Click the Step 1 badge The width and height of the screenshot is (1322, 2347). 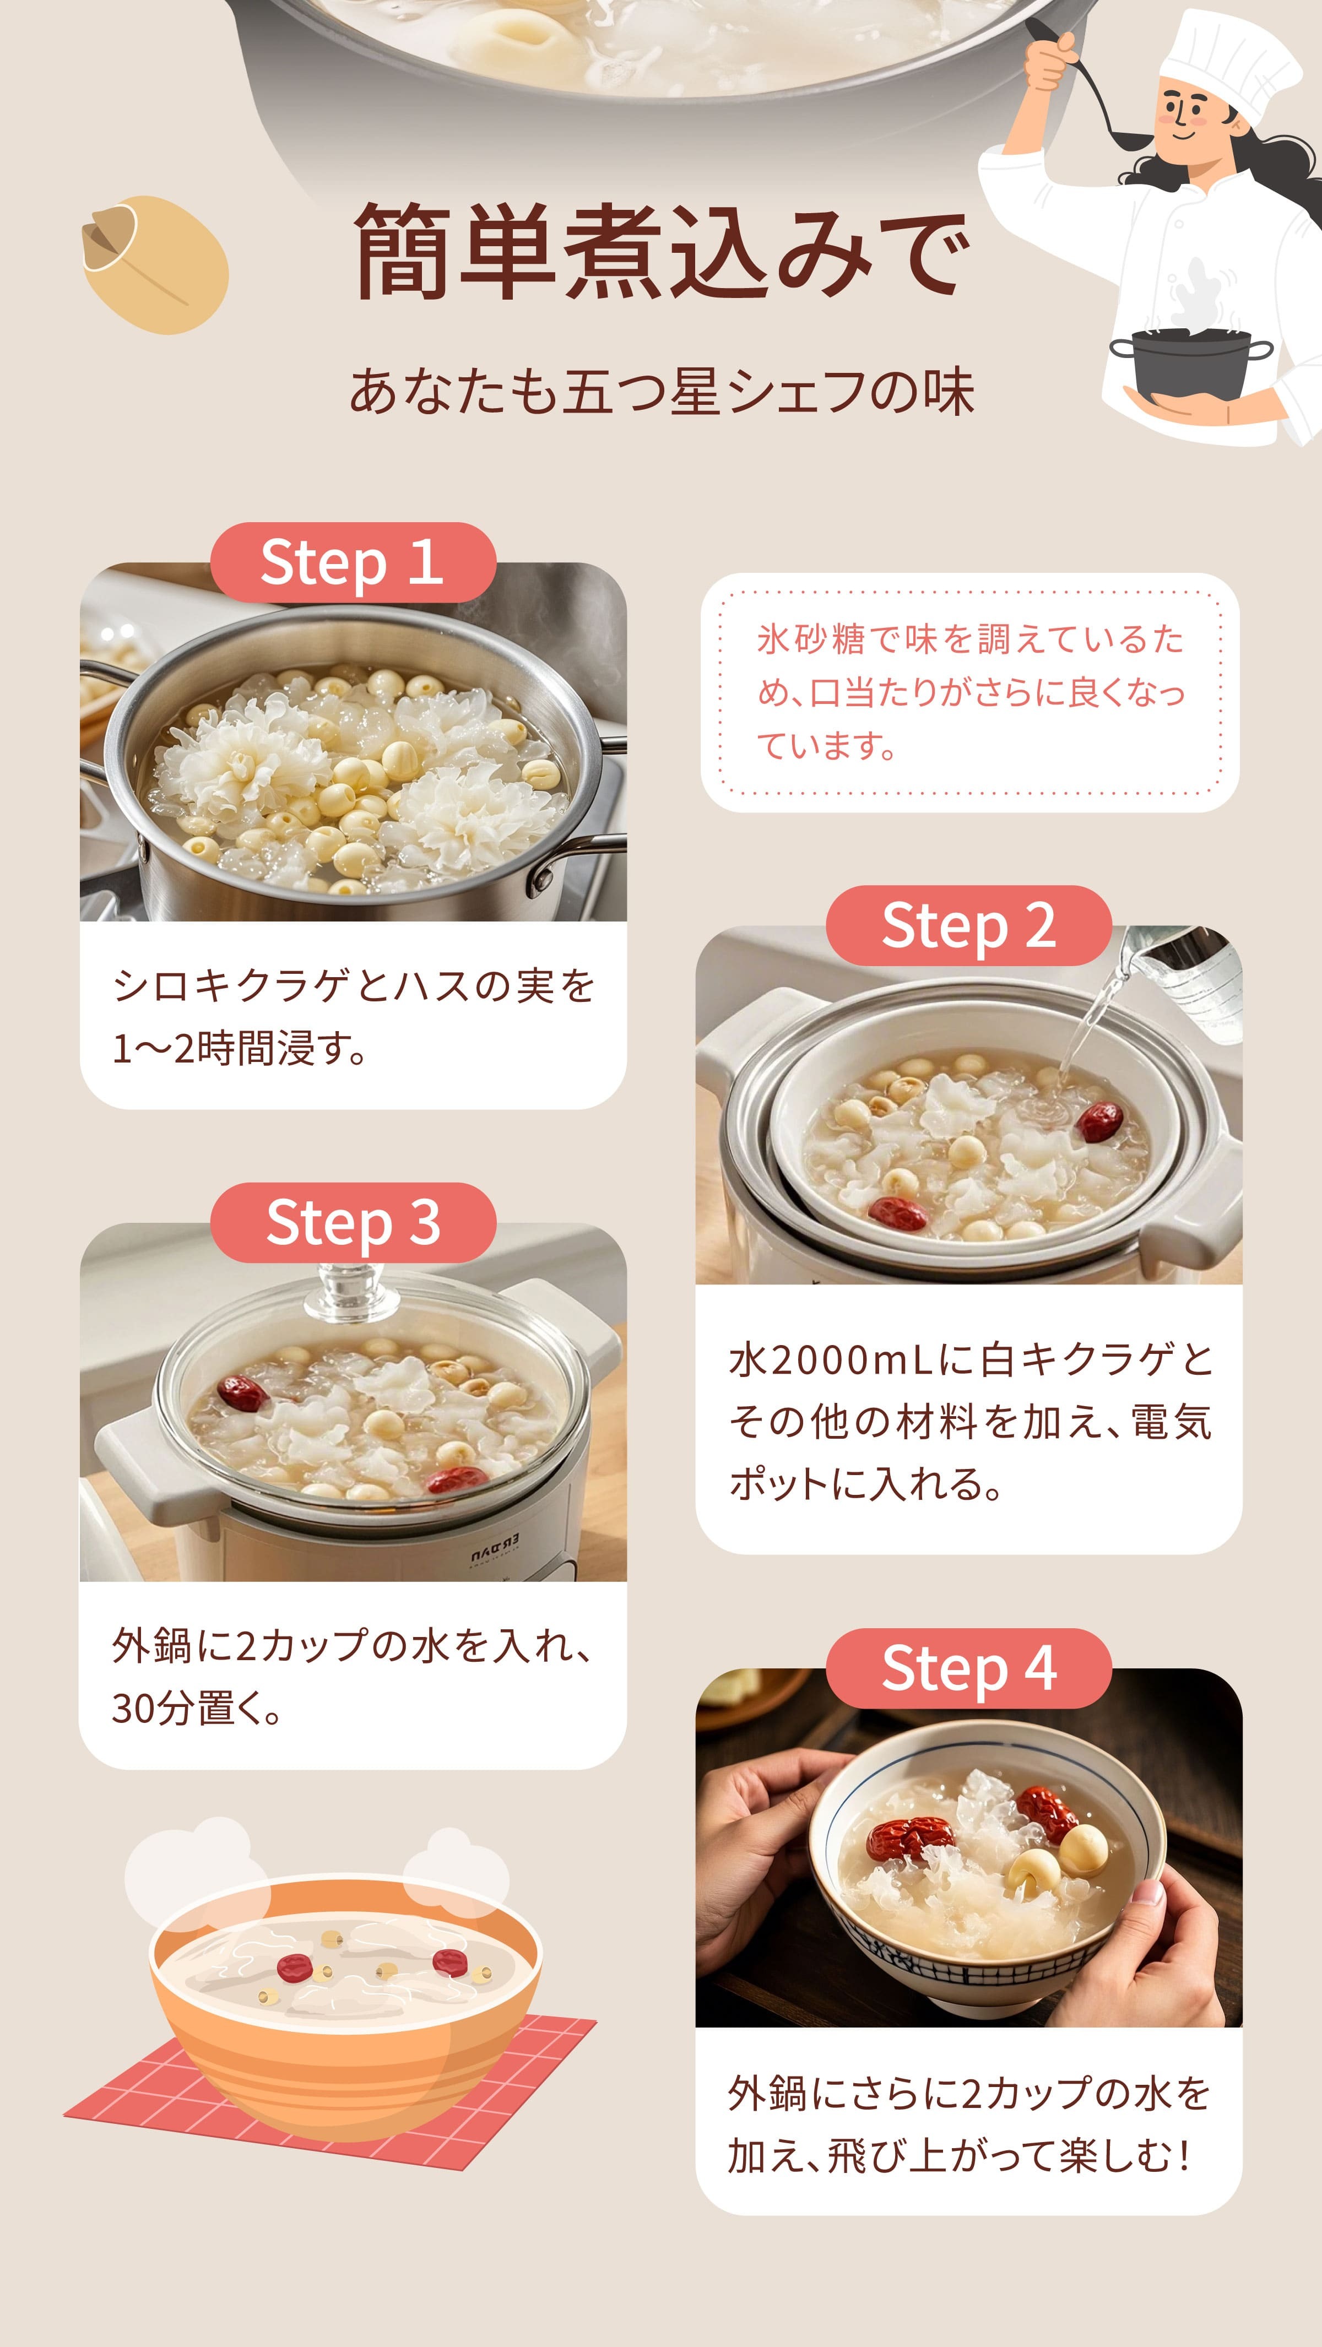click(x=353, y=562)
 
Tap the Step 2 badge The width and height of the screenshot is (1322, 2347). click(x=968, y=926)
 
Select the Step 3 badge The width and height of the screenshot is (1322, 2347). click(x=353, y=1223)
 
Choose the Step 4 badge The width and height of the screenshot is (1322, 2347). click(x=968, y=1668)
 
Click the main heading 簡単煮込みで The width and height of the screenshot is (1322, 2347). click(x=660, y=252)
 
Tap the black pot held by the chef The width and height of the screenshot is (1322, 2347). click(x=1190, y=365)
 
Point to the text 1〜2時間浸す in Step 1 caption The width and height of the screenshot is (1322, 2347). click(x=239, y=1049)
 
